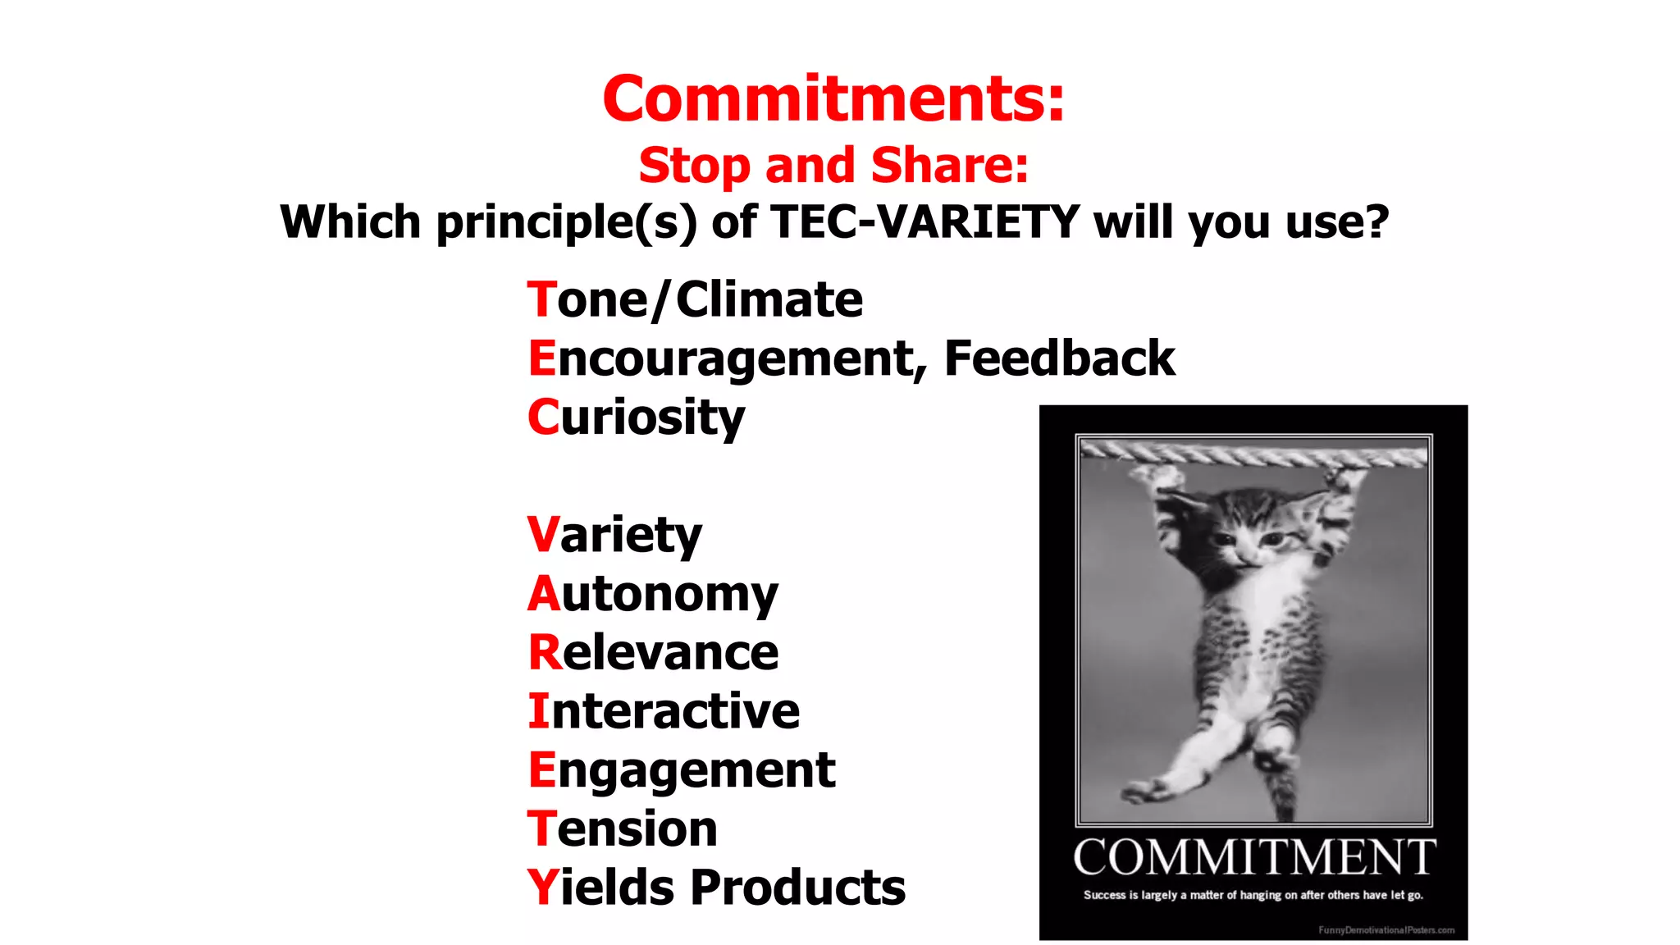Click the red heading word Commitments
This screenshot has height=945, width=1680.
[x=833, y=99]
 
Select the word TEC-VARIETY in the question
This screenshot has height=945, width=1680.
[x=925, y=221]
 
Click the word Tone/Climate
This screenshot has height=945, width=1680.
[x=695, y=299]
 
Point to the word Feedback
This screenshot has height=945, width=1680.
[x=1059, y=358]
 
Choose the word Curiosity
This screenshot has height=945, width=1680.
[x=636, y=418]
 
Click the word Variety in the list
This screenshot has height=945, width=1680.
[x=614, y=535]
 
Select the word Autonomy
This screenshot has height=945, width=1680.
[x=653, y=594]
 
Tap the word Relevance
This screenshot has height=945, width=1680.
[x=653, y=653]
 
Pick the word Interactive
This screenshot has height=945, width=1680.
[x=664, y=711]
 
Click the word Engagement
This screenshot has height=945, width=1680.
[x=682, y=770]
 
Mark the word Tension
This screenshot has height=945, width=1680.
[x=623, y=829]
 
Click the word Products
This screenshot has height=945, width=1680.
[x=797, y=888]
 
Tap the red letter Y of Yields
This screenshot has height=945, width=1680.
[x=542, y=888]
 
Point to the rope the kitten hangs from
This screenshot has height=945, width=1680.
[x=1253, y=454]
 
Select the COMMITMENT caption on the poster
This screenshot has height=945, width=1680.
[x=1253, y=857]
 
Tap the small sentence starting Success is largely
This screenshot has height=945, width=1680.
[x=1253, y=895]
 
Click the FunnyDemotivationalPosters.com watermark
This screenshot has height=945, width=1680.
[x=1386, y=930]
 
